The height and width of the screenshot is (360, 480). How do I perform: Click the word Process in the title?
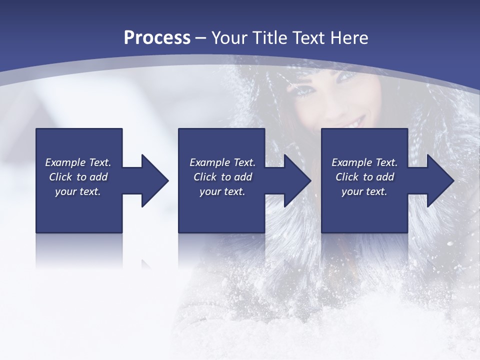157,38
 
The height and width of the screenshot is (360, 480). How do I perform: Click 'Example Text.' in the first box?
78,162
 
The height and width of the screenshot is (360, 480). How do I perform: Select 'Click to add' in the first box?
78,177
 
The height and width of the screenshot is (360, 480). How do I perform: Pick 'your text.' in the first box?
78,191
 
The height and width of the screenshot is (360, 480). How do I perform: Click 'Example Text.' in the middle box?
222,162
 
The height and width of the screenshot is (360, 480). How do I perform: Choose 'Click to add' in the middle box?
222,177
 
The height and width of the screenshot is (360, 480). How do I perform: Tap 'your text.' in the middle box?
222,191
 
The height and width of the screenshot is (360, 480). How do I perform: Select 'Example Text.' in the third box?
364,162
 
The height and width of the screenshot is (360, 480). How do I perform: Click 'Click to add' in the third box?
364,177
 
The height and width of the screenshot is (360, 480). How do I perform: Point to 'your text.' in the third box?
364,191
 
